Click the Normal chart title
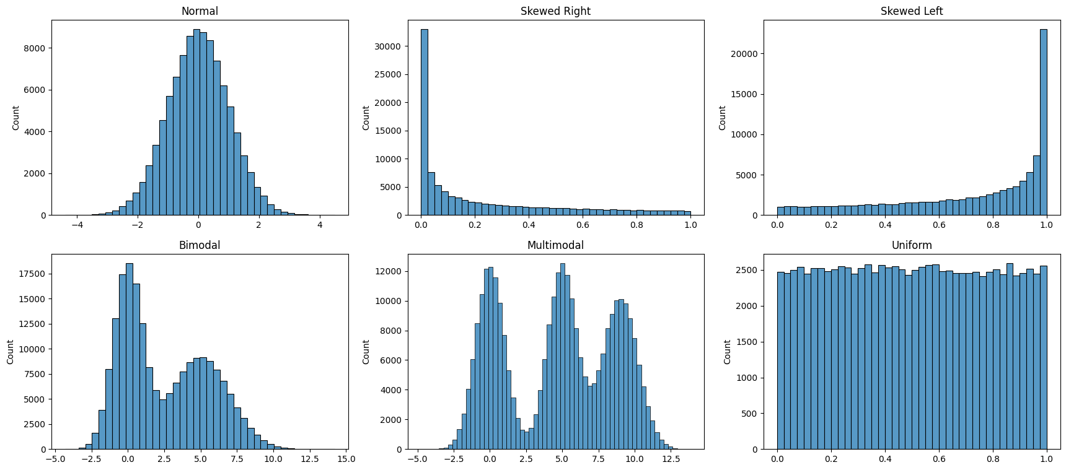(x=200, y=11)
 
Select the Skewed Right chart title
(x=555, y=11)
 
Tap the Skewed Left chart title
(x=912, y=11)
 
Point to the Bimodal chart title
(x=200, y=245)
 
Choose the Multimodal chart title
(x=555, y=245)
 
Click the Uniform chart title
(x=912, y=245)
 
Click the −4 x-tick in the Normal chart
(x=77, y=225)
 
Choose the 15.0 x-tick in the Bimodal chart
(x=346, y=459)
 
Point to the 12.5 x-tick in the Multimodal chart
(x=669, y=459)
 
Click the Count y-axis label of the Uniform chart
(x=727, y=352)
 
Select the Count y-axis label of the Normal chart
(x=15, y=118)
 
